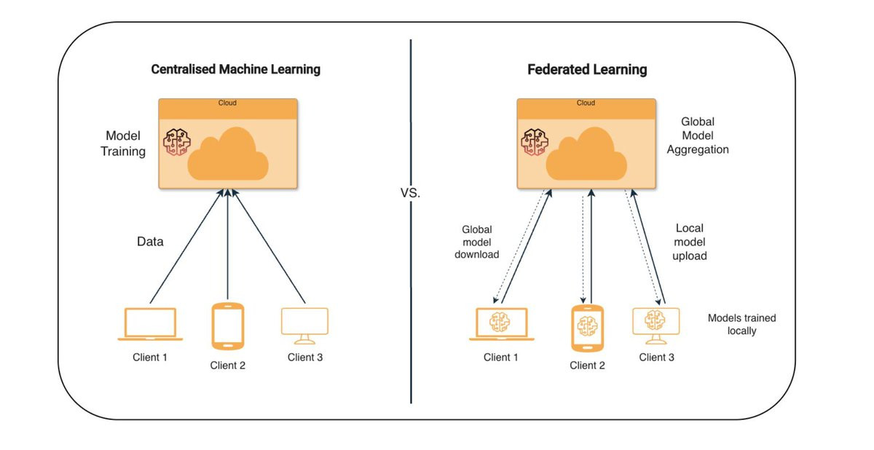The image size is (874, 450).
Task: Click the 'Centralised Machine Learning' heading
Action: tap(236, 69)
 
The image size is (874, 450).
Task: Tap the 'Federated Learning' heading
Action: tap(587, 70)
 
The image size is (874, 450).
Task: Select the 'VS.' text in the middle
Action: tap(411, 193)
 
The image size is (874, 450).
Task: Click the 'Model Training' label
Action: tap(123, 143)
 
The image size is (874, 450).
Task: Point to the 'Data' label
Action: tap(150, 241)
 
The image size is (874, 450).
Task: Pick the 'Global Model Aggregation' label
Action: tap(698, 135)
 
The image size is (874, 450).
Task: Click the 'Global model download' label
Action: tap(477, 242)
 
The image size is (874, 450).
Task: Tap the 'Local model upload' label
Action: tap(690, 242)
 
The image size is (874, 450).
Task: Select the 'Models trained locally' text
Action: tap(741, 324)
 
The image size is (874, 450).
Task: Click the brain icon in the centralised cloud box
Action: tap(177, 142)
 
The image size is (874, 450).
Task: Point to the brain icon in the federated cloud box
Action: tap(535, 142)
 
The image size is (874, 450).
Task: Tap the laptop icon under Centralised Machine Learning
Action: tap(150, 324)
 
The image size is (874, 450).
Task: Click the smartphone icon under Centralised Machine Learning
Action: tap(228, 326)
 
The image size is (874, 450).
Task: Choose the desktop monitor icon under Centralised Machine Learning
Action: tap(304, 326)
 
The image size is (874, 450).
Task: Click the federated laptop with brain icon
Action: tap(501, 324)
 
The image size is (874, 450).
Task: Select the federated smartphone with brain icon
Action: tap(587, 328)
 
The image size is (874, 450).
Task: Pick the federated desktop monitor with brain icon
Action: tap(656, 326)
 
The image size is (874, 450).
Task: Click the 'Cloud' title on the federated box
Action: tap(586, 103)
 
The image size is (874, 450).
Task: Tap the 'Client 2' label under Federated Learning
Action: tap(587, 366)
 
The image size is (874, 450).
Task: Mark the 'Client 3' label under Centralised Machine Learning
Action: tap(305, 358)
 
